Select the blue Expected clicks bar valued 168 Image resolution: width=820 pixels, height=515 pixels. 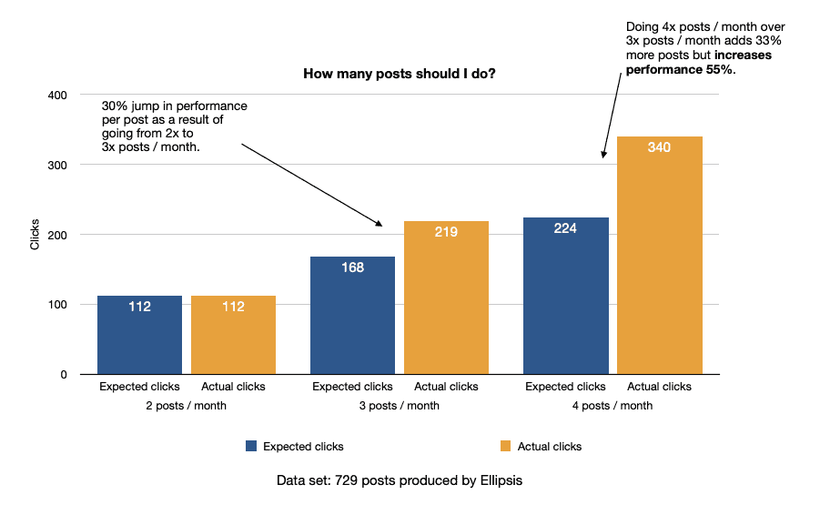(x=352, y=315)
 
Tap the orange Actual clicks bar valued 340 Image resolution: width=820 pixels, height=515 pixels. (x=659, y=255)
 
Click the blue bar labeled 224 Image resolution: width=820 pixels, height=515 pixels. (x=565, y=296)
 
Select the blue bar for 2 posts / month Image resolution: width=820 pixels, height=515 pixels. (x=139, y=335)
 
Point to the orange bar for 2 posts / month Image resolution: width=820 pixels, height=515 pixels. (x=233, y=335)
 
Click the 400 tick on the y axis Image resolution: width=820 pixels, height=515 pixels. (x=56, y=96)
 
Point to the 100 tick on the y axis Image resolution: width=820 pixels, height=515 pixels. (x=56, y=305)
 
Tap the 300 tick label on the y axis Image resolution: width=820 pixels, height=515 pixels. (x=56, y=166)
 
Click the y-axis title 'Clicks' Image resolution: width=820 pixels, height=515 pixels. (x=35, y=235)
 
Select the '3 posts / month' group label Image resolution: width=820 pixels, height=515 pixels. (x=399, y=406)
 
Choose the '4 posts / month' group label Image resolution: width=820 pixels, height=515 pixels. (x=612, y=406)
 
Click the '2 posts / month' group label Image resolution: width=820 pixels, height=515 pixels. (x=186, y=406)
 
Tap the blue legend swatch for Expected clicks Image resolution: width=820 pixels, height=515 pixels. (x=251, y=447)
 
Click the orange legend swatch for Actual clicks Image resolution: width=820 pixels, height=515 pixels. (x=506, y=447)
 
